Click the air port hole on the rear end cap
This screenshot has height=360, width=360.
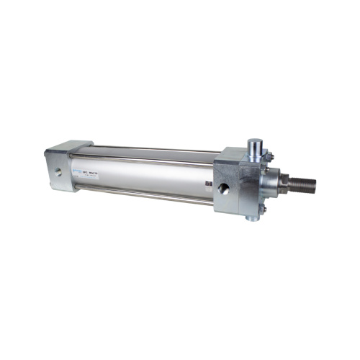tap(57, 171)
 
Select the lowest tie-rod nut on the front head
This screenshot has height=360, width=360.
tap(262, 211)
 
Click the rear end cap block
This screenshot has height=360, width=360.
tap(61, 170)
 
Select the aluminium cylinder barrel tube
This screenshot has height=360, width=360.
tap(144, 176)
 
